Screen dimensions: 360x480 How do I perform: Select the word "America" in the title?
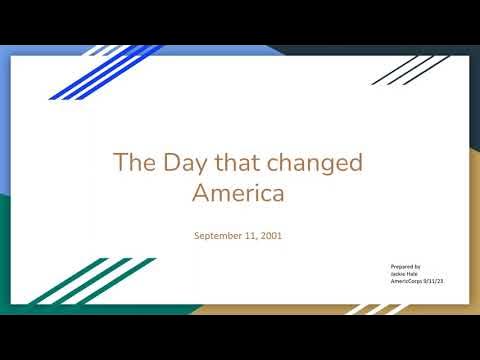pos(239,193)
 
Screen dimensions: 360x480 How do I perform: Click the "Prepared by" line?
pos(406,267)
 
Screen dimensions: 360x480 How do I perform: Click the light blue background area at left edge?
pos(5,120)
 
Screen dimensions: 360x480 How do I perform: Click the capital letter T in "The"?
pos(120,163)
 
